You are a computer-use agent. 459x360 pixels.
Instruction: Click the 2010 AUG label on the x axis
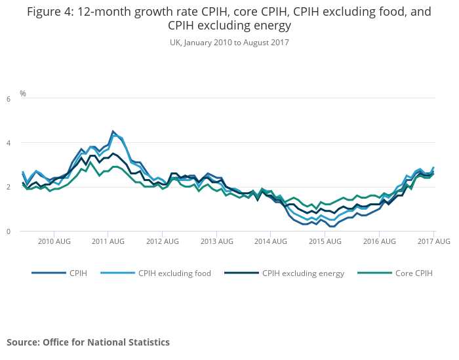[54, 242]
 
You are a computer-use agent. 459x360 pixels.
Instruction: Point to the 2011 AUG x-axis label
[108, 242]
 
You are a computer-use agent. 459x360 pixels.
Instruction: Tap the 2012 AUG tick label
[163, 242]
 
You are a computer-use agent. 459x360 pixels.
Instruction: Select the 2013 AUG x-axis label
[217, 242]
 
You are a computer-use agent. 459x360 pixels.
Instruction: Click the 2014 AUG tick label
[271, 242]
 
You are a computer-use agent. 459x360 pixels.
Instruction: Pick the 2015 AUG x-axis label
[325, 242]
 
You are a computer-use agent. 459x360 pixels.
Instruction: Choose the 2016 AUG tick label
[380, 242]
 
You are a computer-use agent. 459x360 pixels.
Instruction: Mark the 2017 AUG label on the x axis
[434, 242]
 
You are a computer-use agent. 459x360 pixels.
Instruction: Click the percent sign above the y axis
[23, 94]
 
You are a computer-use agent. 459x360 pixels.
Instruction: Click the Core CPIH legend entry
[413, 273]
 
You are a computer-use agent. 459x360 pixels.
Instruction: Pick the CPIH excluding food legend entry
[174, 273]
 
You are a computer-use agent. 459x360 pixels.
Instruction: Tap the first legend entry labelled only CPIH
[77, 273]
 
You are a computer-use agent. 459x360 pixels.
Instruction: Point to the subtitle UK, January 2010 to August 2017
[229, 42]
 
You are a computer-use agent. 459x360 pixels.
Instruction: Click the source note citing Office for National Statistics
[88, 342]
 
